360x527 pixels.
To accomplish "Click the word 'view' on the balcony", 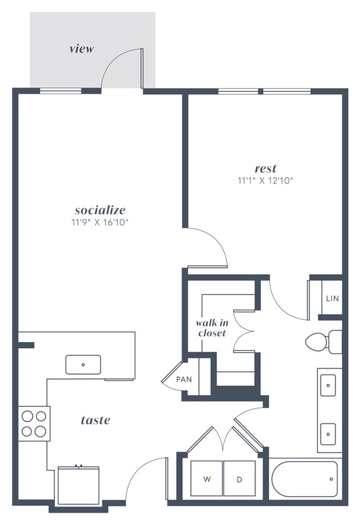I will pos(82,48).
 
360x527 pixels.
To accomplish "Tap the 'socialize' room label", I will pos(100,210).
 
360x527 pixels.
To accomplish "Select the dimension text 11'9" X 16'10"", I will pos(100,222).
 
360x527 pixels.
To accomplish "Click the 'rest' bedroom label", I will pos(265,169).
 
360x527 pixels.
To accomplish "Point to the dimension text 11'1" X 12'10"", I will pos(265,180).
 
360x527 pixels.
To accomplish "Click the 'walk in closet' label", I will pos(211,328).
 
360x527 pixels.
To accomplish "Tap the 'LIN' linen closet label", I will pos(332,298).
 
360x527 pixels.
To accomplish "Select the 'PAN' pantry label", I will pos(183,379).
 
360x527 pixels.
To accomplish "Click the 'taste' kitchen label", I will pos(95,420).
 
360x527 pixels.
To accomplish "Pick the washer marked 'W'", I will pos(206,479).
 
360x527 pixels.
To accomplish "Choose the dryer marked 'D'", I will pos(239,479).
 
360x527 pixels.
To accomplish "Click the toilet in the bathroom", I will pos(323,342).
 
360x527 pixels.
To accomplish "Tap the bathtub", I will pos(304,479).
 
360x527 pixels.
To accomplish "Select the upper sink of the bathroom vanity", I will pos(328,386).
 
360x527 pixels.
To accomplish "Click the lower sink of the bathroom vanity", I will pos(328,432).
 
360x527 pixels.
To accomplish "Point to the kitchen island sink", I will pos(83,364).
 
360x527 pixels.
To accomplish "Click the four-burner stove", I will pos(34,423).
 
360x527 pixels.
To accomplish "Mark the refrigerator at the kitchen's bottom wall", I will pos(79,485).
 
